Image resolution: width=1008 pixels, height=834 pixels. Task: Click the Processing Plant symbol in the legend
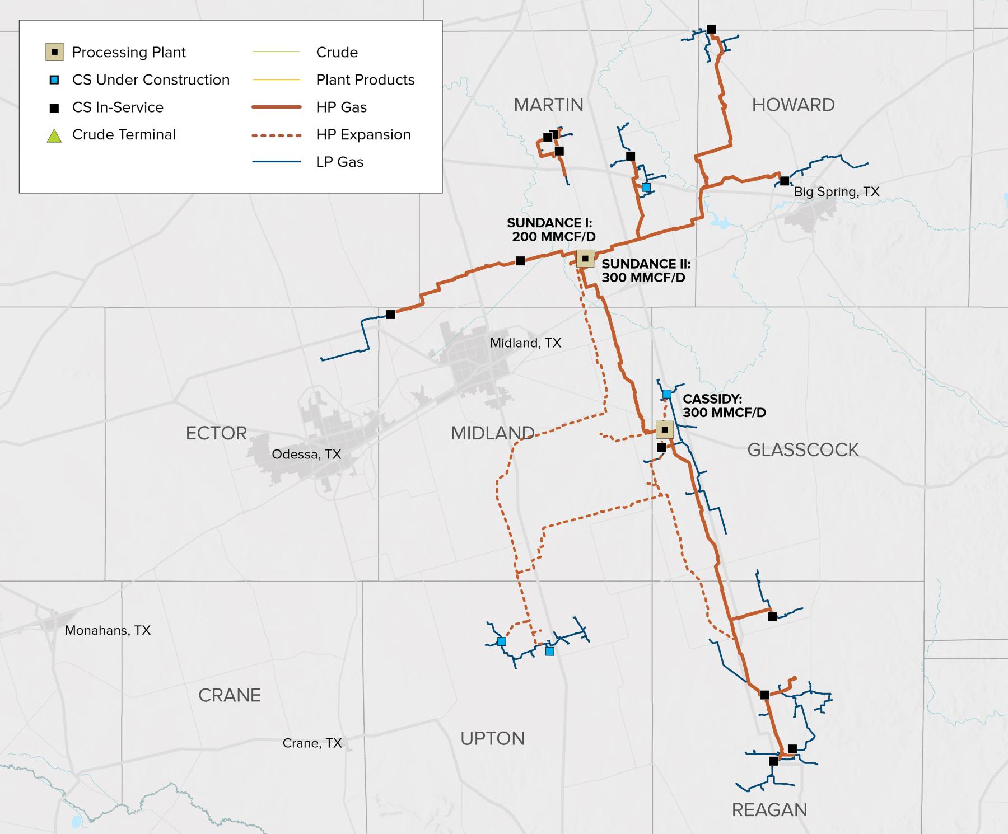54,52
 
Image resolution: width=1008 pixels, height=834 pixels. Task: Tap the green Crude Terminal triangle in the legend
54,135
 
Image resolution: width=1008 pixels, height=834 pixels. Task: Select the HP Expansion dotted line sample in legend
277,135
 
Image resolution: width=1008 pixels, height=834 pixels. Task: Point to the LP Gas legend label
339,162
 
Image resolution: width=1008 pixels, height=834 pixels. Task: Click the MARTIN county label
548,105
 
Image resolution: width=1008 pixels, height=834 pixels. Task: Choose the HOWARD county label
793,105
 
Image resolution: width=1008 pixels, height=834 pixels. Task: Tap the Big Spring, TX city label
837,192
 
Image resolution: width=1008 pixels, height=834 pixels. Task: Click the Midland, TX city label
525,343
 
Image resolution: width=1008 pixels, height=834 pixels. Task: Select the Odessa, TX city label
306,454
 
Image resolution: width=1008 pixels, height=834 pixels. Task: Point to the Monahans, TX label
108,630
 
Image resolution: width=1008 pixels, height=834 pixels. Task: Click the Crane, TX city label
312,743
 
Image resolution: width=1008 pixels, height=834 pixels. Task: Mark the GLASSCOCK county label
802,449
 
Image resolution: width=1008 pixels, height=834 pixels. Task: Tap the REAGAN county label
769,809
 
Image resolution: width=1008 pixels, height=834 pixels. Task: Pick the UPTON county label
492,738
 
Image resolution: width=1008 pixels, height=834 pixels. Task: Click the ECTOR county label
216,433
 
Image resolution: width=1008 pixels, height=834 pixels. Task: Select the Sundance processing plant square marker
585,259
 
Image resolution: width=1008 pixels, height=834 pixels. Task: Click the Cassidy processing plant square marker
665,429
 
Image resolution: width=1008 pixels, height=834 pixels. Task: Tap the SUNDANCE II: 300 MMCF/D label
646,270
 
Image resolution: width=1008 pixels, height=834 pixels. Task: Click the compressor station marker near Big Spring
785,181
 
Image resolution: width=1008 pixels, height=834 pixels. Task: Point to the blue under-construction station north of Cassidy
667,394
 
